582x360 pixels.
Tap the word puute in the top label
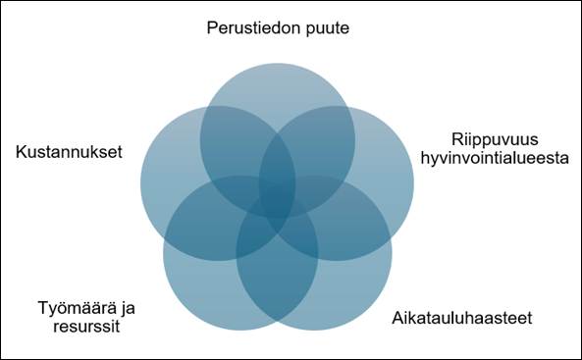point(328,27)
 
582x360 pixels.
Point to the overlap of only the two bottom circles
point(278,289)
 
